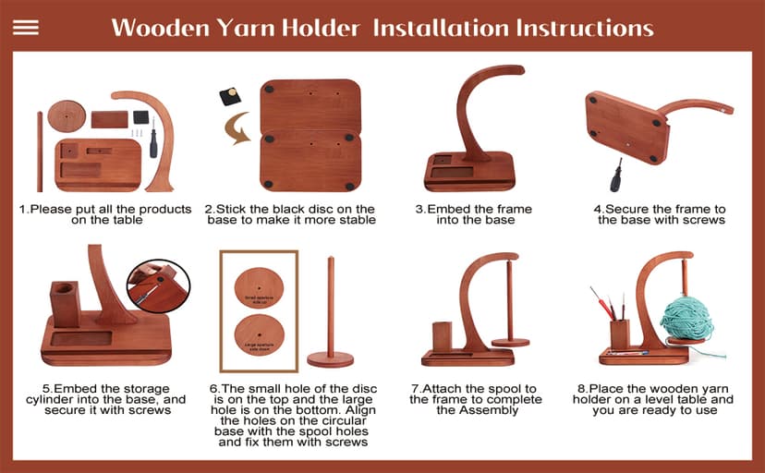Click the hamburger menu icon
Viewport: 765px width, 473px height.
[x=26, y=27]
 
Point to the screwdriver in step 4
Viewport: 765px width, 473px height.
[x=615, y=175]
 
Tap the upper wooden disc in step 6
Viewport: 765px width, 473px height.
[x=258, y=286]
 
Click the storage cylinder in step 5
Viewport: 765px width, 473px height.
[x=65, y=305]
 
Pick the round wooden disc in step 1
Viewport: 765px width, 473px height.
[x=67, y=116]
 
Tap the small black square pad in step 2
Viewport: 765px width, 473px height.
[x=229, y=95]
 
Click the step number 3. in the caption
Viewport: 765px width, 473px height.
[x=420, y=210]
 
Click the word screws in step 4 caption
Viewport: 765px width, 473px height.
[x=703, y=220]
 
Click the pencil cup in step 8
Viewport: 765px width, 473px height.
[x=619, y=334]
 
